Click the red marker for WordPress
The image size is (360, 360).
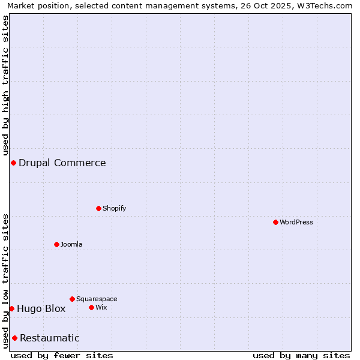click(x=275, y=222)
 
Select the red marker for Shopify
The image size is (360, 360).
click(x=98, y=208)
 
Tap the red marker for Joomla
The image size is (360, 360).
click(x=56, y=244)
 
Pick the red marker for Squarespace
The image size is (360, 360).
click(x=72, y=299)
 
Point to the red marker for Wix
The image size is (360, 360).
click(x=91, y=307)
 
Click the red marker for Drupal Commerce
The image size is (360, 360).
click(x=13, y=163)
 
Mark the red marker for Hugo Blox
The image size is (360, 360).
click(x=11, y=308)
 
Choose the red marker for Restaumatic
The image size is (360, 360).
click(x=14, y=338)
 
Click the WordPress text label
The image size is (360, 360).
click(x=296, y=222)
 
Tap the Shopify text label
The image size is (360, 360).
click(x=115, y=208)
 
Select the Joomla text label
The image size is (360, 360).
click(x=71, y=244)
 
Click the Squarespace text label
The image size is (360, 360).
click(x=97, y=299)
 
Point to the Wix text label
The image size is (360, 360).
click(x=101, y=307)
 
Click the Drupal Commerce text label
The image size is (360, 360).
click(x=62, y=163)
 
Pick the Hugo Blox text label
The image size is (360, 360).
click(x=41, y=309)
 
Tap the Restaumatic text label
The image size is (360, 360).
click(x=50, y=338)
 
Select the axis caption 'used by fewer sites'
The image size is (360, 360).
click(x=62, y=355)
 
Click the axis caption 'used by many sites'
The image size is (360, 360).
click(x=301, y=355)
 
